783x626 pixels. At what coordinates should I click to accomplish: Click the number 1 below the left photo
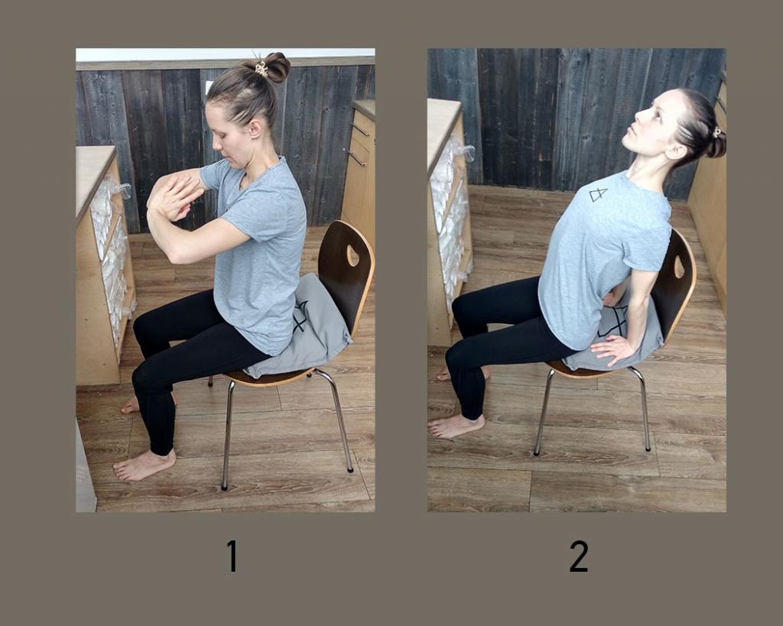tap(232, 555)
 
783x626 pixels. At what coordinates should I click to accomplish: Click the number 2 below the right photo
tap(579, 556)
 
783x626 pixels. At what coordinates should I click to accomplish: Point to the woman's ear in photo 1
tap(255, 128)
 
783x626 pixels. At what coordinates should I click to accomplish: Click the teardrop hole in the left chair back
tap(353, 255)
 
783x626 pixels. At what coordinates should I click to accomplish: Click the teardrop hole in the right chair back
tap(679, 268)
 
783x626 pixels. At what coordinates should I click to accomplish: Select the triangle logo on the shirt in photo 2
tap(597, 194)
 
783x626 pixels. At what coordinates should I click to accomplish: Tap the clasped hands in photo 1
tap(172, 195)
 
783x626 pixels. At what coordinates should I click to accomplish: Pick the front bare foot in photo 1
tap(144, 465)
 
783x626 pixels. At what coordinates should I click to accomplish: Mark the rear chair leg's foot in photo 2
tap(648, 448)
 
